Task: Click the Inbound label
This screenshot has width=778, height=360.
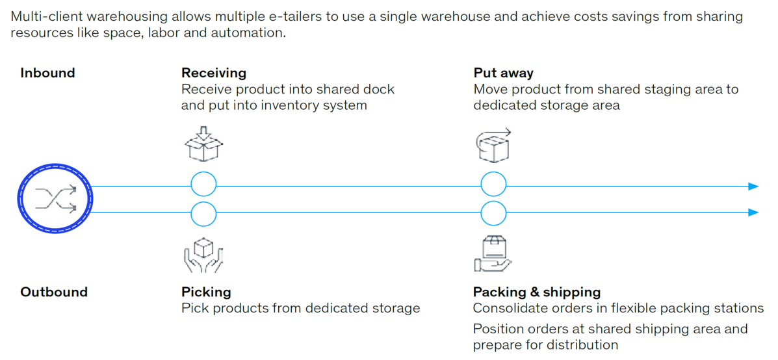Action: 47,73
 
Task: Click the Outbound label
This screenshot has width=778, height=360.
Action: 54,292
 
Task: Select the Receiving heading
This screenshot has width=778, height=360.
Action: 214,73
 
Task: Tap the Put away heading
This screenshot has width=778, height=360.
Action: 504,73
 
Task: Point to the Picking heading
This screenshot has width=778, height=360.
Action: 206,292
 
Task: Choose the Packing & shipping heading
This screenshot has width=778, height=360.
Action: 537,292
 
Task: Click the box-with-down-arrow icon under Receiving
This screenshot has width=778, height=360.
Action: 204,144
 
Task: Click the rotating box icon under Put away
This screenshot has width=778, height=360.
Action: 494,144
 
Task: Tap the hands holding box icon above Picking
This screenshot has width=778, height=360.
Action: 204,254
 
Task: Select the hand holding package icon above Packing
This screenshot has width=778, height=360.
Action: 493,253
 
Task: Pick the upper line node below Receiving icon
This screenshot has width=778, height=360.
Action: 204,185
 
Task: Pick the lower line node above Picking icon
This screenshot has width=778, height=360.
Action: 204,213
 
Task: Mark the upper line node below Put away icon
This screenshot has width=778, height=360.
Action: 493,185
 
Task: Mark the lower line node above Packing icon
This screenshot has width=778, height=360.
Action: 493,213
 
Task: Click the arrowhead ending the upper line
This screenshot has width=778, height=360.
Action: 753,186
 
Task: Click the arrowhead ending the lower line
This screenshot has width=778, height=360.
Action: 753,212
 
